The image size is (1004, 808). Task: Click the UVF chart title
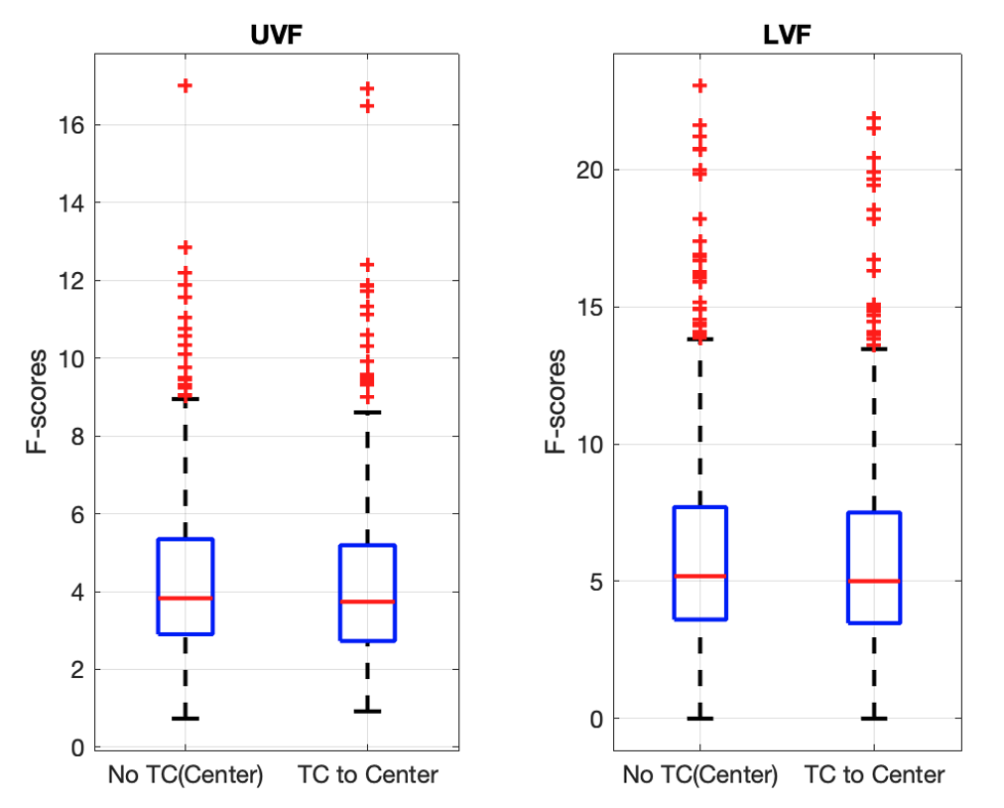tap(276, 37)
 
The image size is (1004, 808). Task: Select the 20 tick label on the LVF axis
tap(591, 170)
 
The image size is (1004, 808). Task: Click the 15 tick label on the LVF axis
tap(591, 307)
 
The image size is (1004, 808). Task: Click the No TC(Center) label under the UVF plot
tap(186, 775)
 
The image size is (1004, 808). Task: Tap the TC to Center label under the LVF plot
tap(874, 775)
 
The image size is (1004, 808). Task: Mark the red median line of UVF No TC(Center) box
tap(186, 599)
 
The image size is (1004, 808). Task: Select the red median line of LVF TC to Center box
tap(874, 581)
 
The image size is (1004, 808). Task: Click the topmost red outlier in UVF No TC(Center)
tap(185, 85)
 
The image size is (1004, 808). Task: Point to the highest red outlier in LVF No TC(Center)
tap(699, 85)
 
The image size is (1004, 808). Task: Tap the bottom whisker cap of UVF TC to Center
tap(367, 711)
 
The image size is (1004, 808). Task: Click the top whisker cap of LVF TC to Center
tap(874, 348)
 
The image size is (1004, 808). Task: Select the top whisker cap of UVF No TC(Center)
tap(186, 399)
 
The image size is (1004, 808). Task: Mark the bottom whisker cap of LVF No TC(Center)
tap(700, 718)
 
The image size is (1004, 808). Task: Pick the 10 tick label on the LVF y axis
tap(591, 444)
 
